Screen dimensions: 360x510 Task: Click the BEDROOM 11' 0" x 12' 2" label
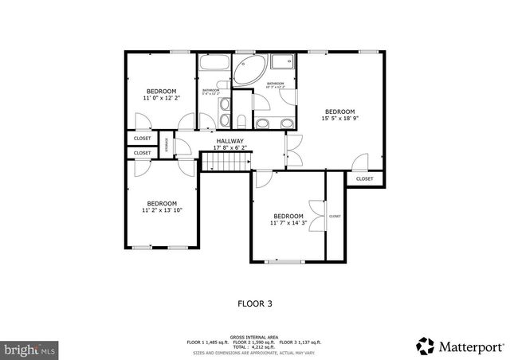160,95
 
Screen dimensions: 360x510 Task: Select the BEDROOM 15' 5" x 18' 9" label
338,115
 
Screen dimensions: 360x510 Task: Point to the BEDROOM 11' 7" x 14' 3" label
288,220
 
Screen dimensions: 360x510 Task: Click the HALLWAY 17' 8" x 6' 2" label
229,144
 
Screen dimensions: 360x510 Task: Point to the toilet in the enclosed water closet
241,120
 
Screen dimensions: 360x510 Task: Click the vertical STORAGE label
167,145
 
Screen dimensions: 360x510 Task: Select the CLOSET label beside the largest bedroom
364,179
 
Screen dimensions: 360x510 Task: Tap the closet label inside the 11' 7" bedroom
335,216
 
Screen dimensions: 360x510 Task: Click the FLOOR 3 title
255,303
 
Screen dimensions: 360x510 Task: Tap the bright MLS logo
30,349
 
